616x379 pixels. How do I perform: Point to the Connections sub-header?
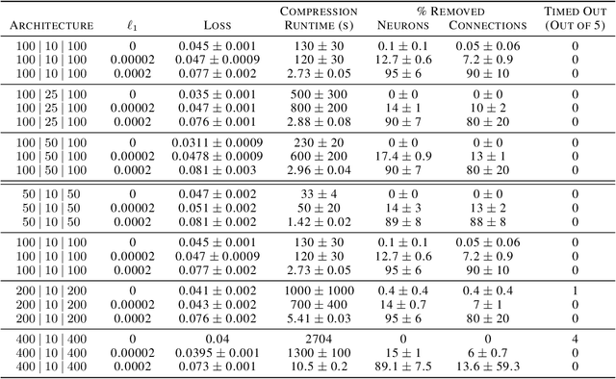(x=485, y=24)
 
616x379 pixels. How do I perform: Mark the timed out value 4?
(x=575, y=339)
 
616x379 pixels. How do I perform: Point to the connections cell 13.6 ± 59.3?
(x=485, y=366)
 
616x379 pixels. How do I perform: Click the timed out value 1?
(x=575, y=291)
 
